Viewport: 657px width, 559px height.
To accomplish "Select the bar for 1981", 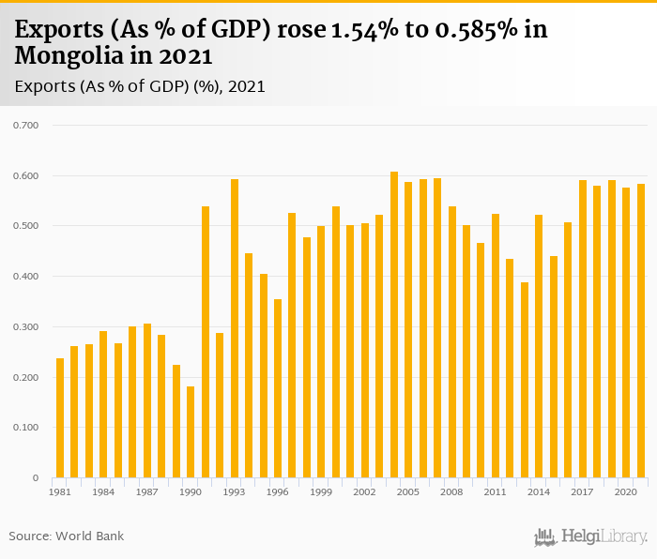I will pyautogui.click(x=60, y=418).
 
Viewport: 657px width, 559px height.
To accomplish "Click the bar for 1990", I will pyautogui.click(x=191, y=432).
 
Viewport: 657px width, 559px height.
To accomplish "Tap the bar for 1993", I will pyautogui.click(x=235, y=328).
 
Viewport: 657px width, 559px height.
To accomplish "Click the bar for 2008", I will pyautogui.click(x=452, y=342).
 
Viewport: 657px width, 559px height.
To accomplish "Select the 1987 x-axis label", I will pyautogui.click(x=147, y=491).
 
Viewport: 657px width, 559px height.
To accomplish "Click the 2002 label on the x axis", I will pyautogui.click(x=365, y=491).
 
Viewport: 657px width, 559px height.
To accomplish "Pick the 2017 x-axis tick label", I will pyautogui.click(x=583, y=491).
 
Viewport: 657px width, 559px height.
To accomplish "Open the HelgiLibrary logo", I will pyautogui.click(x=591, y=536).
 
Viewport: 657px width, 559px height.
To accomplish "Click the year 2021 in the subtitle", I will pyautogui.click(x=247, y=86).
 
